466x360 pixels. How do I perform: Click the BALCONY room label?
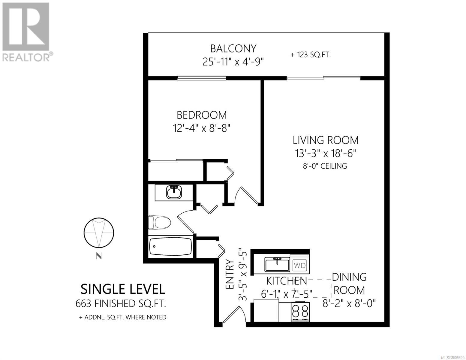point(233,49)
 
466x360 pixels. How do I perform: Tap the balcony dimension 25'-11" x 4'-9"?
point(233,62)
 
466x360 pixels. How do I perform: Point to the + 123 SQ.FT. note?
point(310,55)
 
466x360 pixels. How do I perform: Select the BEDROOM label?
point(202,115)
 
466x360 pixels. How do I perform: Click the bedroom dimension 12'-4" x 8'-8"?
point(202,128)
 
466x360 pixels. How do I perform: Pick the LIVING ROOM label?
point(326,140)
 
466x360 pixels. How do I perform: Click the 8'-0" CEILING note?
point(325,166)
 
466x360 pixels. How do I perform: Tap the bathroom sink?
point(174,192)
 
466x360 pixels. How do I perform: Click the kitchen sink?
point(277,265)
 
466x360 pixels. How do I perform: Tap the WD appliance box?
point(299,265)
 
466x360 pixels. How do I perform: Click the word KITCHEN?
point(287,281)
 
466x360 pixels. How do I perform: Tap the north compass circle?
point(99,233)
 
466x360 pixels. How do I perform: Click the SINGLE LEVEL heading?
point(123,289)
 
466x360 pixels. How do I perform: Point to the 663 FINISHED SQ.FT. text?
point(121,304)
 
